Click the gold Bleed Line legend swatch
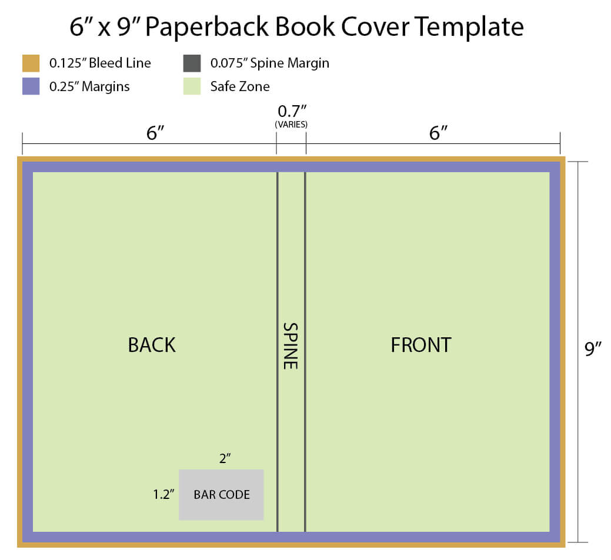click(31, 63)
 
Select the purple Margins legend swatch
click(31, 86)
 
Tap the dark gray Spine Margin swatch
click(192, 63)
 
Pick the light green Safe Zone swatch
click(192, 86)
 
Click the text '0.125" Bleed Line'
click(100, 63)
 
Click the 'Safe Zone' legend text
click(240, 86)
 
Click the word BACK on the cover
click(152, 345)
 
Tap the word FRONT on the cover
click(421, 345)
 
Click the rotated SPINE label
click(291, 346)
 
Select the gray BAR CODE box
click(221, 495)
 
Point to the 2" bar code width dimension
click(225, 458)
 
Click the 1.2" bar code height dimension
click(163, 494)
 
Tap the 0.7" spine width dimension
click(292, 112)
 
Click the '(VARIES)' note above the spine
click(291, 125)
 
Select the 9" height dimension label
click(593, 348)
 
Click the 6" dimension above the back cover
click(155, 133)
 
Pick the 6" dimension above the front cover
click(438, 133)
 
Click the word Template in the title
click(469, 27)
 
